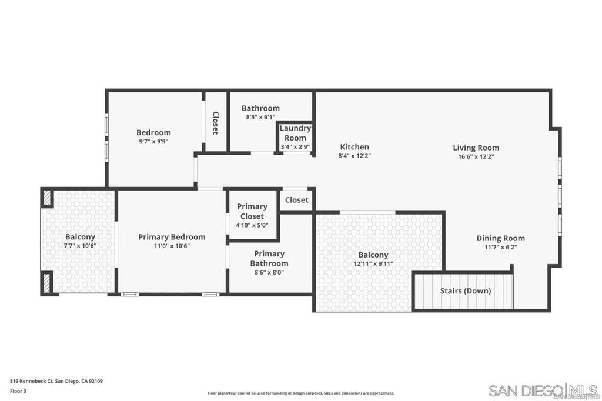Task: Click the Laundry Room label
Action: (x=295, y=133)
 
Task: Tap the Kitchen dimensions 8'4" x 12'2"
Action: (x=354, y=156)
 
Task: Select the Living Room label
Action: (x=476, y=148)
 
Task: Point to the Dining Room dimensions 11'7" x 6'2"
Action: (x=500, y=247)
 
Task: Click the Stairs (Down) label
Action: (x=465, y=290)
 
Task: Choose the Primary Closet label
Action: (x=252, y=211)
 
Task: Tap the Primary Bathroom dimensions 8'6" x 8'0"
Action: (x=269, y=272)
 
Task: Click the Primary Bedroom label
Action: (x=172, y=237)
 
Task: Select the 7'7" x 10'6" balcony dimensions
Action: (x=80, y=246)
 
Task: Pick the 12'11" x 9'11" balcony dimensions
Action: (x=373, y=263)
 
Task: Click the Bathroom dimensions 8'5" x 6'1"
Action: (x=260, y=117)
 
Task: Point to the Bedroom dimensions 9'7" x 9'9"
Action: (x=153, y=141)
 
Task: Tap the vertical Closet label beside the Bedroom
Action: (x=215, y=123)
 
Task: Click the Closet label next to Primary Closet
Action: (x=296, y=200)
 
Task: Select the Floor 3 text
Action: (x=19, y=390)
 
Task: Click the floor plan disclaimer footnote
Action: (x=300, y=393)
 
